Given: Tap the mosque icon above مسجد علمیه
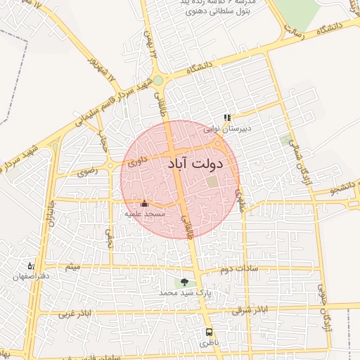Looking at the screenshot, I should pos(144,204).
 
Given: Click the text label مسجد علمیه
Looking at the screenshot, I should pos(145,213).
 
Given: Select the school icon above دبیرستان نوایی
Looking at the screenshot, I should pos(227,118).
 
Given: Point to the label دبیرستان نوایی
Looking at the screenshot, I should pos(227,129).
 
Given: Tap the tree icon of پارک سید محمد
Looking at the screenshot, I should pos(184,282).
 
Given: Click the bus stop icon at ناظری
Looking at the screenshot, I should pos(209,332).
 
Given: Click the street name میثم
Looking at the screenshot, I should pos(72,268).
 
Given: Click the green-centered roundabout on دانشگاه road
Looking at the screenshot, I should pos(158,80).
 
